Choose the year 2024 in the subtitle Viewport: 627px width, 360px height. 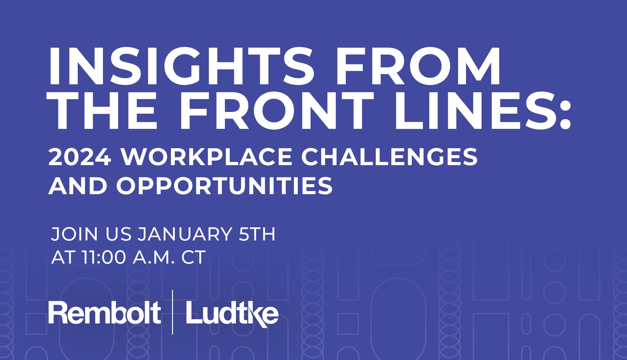click(x=80, y=157)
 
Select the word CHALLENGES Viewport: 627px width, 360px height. click(x=389, y=157)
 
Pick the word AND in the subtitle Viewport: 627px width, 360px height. click(x=78, y=186)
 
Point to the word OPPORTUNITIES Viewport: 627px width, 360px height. click(x=224, y=186)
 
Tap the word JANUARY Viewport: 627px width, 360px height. click(x=185, y=234)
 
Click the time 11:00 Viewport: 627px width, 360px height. click(x=104, y=257)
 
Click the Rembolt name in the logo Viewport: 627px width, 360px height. click(x=105, y=313)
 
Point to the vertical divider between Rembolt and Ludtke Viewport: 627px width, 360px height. click(x=173, y=312)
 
